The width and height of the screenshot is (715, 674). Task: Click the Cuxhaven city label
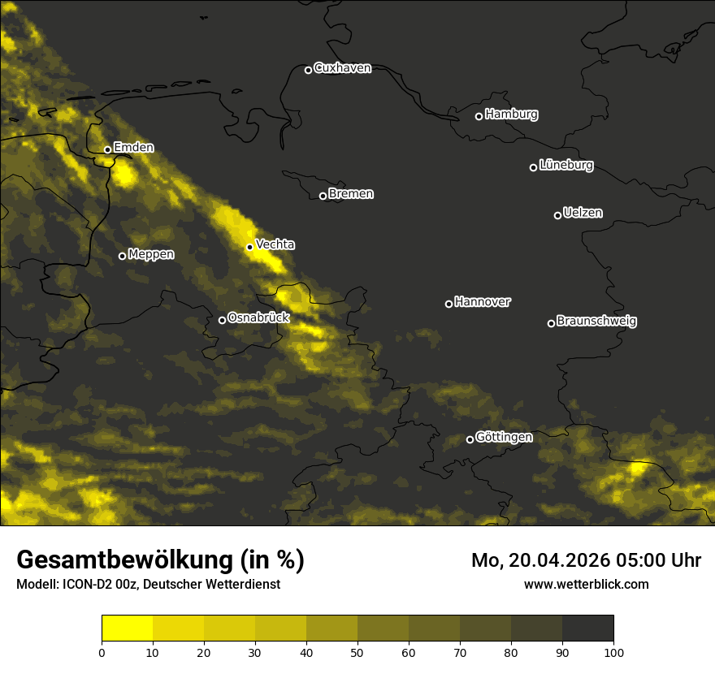342,68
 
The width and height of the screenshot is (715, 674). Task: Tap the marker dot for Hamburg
479,116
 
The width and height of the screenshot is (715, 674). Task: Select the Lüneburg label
566,166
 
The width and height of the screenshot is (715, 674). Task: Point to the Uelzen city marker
557,215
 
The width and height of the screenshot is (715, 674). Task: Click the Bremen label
351,194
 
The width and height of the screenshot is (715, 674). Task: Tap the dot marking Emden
107,149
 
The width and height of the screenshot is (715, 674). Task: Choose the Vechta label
275,244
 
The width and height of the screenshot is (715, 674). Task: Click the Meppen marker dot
122,256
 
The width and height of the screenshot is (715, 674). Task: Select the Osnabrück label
258,318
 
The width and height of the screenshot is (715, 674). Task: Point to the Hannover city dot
448,304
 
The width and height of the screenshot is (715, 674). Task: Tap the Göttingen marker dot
470,439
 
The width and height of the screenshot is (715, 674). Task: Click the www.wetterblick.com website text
586,584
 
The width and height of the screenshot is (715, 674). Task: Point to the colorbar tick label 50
357,652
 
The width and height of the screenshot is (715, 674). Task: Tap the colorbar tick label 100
613,652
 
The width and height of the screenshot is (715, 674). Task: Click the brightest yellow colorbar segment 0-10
127,629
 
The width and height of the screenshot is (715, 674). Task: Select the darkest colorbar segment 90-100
587,629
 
